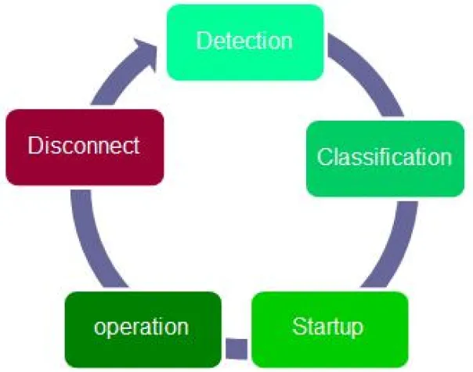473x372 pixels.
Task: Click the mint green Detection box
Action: (x=244, y=42)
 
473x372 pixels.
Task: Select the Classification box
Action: (x=384, y=157)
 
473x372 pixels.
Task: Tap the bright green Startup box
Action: (x=329, y=325)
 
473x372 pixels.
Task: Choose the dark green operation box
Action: (x=141, y=325)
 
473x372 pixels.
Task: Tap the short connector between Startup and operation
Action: (x=236, y=342)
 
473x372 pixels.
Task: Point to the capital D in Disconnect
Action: (x=34, y=146)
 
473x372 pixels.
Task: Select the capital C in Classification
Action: (x=323, y=157)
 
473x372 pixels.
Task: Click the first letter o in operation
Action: (x=99, y=327)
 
